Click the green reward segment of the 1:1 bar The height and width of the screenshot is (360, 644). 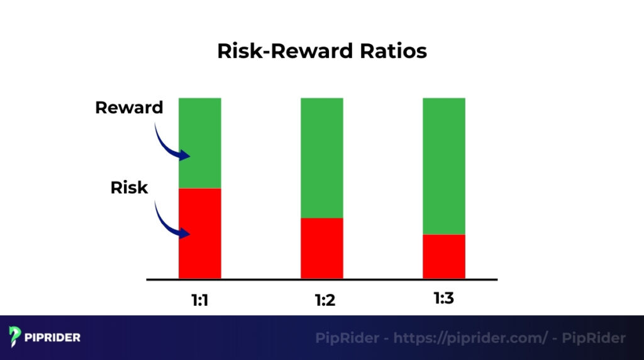[x=200, y=143]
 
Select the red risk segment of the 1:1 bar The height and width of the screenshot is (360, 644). [x=200, y=233]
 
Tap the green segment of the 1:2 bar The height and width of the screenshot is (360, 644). [x=322, y=157]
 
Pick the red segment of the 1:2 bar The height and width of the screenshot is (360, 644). [x=322, y=248]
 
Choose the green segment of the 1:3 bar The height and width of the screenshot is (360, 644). [x=444, y=166]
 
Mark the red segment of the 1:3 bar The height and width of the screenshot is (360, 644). [x=444, y=256]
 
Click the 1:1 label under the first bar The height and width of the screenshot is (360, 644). [x=200, y=300]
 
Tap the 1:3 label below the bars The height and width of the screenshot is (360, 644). [x=444, y=298]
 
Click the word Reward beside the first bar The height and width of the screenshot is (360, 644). [x=129, y=108]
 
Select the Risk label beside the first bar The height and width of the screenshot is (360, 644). [x=129, y=187]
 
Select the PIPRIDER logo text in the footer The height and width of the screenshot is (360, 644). [x=53, y=337]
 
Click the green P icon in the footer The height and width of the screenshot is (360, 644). [x=16, y=337]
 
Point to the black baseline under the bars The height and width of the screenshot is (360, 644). [x=322, y=279]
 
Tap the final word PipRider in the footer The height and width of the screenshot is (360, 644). [x=594, y=338]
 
